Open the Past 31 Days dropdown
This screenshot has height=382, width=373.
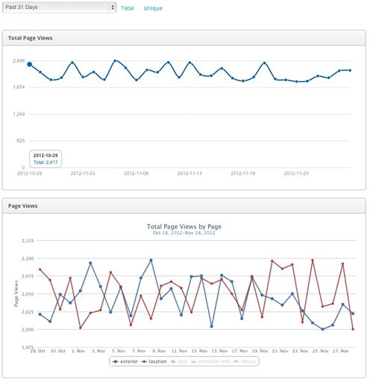[60, 7]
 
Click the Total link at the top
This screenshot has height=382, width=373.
[128, 8]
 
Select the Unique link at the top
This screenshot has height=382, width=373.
[152, 8]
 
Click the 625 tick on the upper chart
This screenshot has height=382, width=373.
[19, 141]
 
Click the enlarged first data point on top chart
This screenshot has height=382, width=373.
[30, 65]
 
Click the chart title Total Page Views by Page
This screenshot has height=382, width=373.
[184, 226]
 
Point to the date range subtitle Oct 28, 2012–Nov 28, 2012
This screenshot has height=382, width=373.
[184, 233]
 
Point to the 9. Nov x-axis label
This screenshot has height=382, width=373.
[156, 350]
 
